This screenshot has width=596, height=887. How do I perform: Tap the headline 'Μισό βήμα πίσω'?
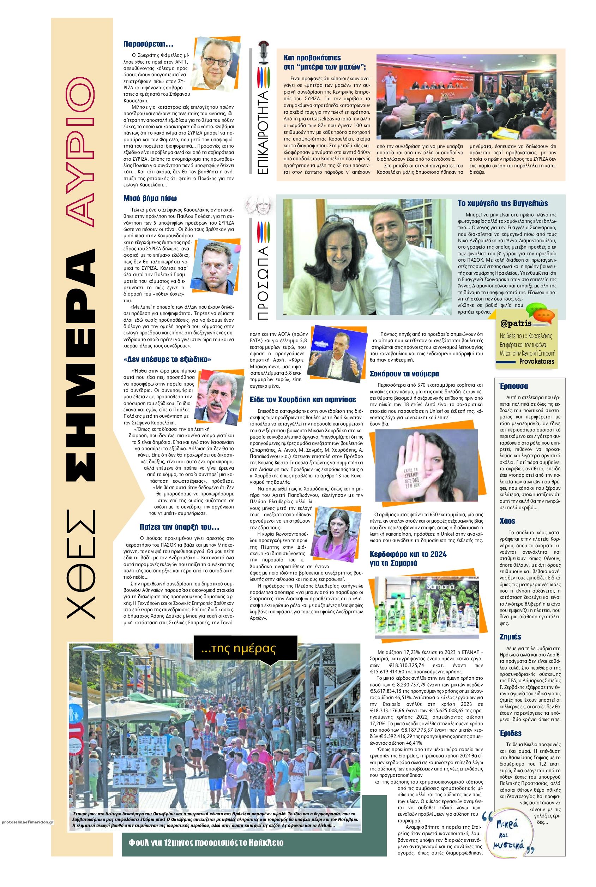(150, 198)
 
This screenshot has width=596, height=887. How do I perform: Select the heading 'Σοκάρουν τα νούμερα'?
(404, 374)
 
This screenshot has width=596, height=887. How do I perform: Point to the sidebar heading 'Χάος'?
(507, 521)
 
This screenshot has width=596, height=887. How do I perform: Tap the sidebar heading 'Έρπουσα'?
(513, 386)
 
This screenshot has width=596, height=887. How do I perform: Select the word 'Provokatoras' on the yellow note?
(537, 361)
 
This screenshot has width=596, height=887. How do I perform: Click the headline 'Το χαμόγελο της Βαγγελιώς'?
(502, 203)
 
